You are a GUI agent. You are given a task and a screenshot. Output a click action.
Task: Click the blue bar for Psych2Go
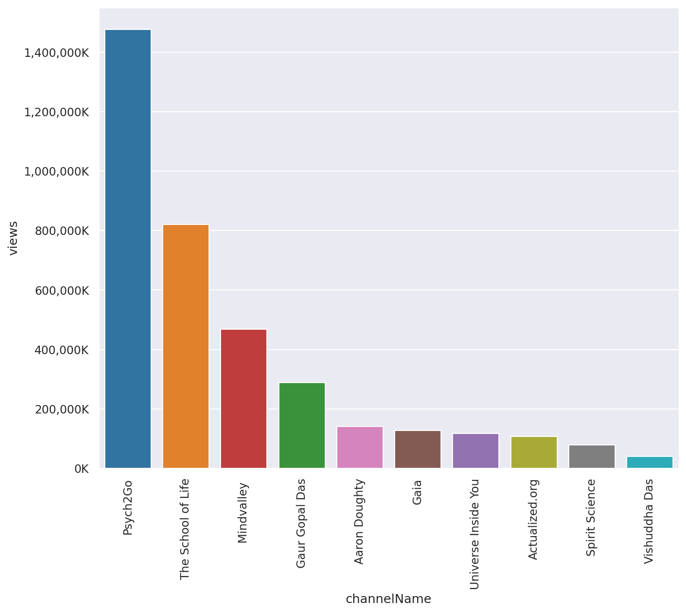pyautogui.click(x=128, y=249)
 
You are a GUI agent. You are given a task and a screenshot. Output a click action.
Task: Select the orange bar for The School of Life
pyautogui.click(x=186, y=346)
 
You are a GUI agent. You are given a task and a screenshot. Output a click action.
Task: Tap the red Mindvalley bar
pyautogui.click(x=244, y=399)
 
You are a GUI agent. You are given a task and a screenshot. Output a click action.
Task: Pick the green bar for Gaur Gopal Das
pyautogui.click(x=302, y=425)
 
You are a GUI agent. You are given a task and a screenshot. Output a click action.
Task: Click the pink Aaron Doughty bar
pyautogui.click(x=360, y=447)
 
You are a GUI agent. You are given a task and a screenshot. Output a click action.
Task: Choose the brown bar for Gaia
pyautogui.click(x=418, y=449)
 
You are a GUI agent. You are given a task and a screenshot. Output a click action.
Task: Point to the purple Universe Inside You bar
pyautogui.click(x=476, y=451)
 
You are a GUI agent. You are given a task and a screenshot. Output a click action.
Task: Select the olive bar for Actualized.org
pyautogui.click(x=534, y=452)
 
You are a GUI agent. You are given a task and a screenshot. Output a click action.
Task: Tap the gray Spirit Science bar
pyautogui.click(x=592, y=456)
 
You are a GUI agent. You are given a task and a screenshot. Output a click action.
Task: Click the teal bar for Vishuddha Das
pyautogui.click(x=650, y=462)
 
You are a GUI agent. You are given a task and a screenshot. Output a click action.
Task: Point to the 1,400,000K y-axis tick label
pyautogui.click(x=56, y=53)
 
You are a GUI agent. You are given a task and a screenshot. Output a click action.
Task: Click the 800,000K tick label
pyautogui.click(x=62, y=231)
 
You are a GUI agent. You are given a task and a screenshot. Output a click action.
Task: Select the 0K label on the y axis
pyautogui.click(x=82, y=469)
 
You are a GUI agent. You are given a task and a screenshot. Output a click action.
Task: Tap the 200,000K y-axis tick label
pyautogui.click(x=62, y=409)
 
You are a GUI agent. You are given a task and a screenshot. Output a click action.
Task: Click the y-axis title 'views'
pyautogui.click(x=12, y=238)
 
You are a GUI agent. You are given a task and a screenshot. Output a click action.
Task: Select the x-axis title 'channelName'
pyautogui.click(x=388, y=599)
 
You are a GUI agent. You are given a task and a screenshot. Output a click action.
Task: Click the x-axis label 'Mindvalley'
pyautogui.click(x=243, y=513)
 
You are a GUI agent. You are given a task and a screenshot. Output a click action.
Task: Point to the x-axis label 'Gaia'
pyautogui.click(x=417, y=492)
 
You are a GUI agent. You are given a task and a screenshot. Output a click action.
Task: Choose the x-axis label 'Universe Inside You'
pyautogui.click(x=475, y=534)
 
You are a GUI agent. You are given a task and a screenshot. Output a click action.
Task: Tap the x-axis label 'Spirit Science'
pyautogui.click(x=591, y=518)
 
